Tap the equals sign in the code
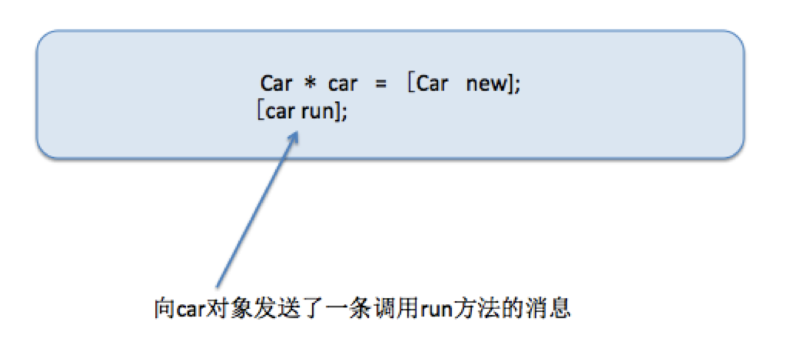pos(381,84)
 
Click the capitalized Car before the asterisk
pos(276,83)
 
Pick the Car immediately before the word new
pos(433,83)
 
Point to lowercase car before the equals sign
pos(342,84)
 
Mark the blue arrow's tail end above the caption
pos(218,287)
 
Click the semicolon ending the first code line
pos(517,86)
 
